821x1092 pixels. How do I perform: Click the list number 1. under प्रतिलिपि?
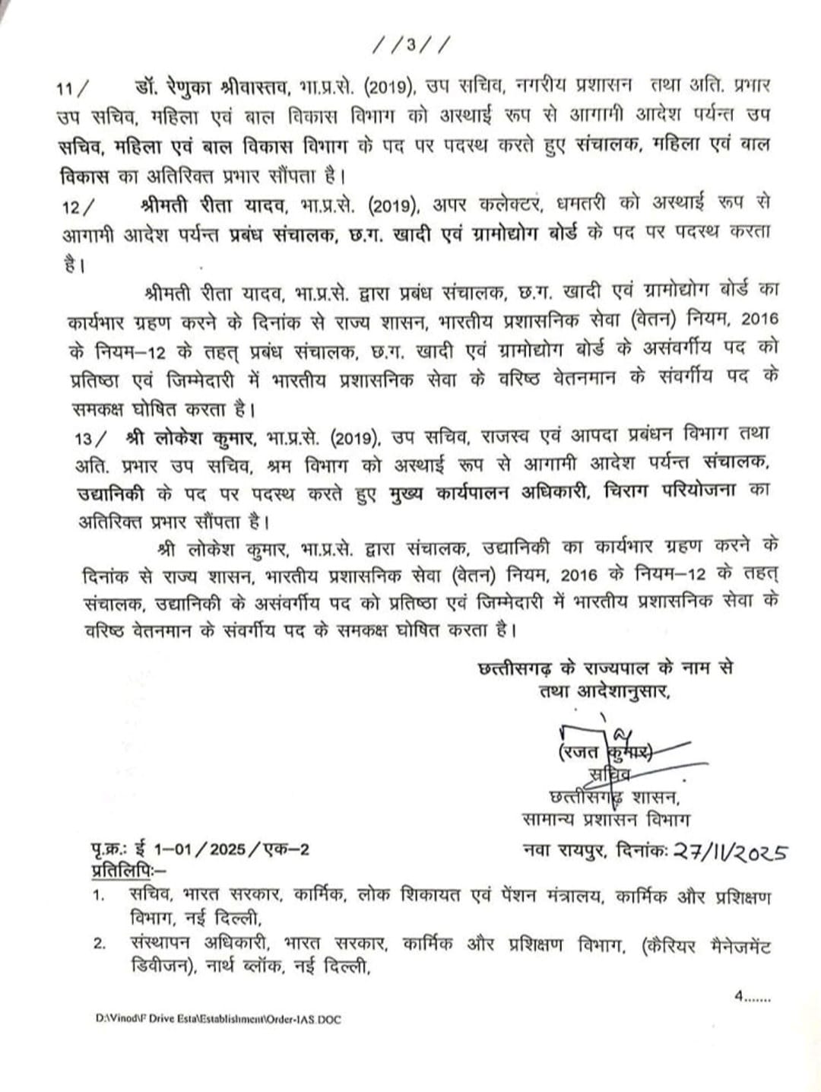(x=99, y=897)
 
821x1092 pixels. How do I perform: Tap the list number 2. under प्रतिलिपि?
(x=99, y=944)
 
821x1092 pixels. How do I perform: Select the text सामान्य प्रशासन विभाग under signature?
(x=605, y=819)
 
